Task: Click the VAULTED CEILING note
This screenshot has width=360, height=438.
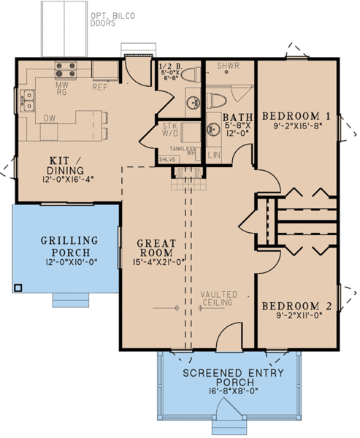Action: [x=216, y=297]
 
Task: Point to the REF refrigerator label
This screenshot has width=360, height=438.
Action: [x=100, y=87]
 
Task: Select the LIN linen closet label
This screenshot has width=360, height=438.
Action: [x=214, y=155]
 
